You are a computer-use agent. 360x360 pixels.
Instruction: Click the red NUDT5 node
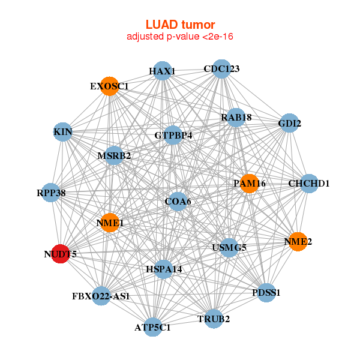click(x=60, y=254)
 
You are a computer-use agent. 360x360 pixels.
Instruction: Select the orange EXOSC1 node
click(x=110, y=86)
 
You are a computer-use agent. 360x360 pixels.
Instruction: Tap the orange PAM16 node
click(x=249, y=183)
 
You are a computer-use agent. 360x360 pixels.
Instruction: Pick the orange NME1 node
click(x=110, y=223)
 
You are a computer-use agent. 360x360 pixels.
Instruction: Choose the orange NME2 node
click(x=298, y=242)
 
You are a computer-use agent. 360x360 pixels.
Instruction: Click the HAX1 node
click(x=162, y=71)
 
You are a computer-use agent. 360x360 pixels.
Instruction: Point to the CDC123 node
click(x=221, y=68)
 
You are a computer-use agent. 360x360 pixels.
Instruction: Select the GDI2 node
click(x=289, y=124)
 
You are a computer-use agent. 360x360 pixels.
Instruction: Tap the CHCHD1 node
click(x=309, y=183)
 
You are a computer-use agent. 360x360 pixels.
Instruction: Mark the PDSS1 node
click(x=267, y=292)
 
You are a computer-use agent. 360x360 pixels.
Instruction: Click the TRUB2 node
click(x=214, y=318)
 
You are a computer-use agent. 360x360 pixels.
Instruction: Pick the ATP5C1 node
click(x=153, y=327)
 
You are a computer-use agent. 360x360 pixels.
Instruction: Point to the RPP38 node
click(x=51, y=193)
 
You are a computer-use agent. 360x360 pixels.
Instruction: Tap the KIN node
click(x=63, y=131)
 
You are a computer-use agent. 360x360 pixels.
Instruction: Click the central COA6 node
click(x=178, y=201)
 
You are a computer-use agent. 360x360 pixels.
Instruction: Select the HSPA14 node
click(x=164, y=269)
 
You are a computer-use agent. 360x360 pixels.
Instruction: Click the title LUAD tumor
click(x=180, y=25)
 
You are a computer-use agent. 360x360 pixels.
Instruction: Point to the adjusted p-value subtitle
click(x=180, y=37)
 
